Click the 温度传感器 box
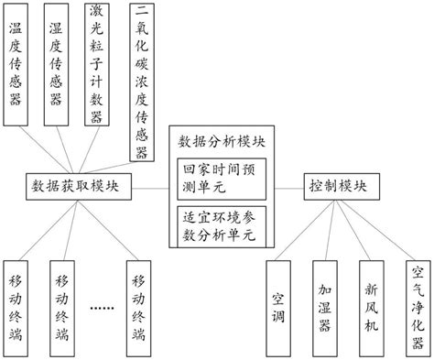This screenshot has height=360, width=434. tap(16, 62)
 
